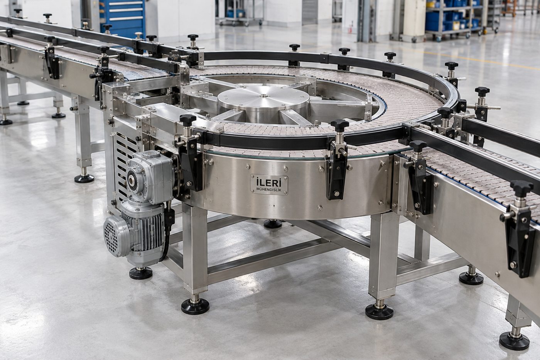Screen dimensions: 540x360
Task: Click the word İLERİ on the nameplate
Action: click(269, 182)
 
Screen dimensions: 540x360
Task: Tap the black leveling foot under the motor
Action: click(141, 274)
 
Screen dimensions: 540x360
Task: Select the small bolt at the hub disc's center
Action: click(263, 95)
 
